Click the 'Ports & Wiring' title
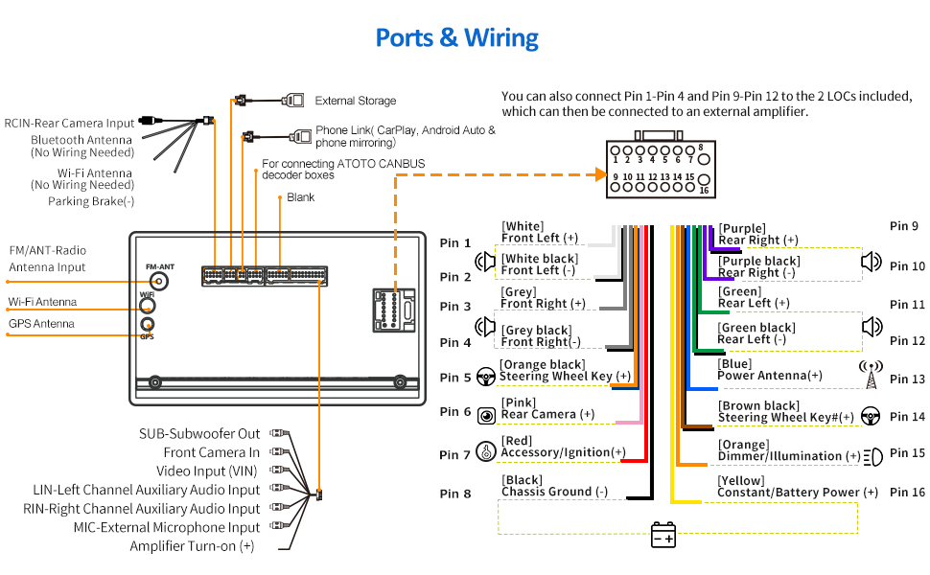coord(456,37)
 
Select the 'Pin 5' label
coord(455,378)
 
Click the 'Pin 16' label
coord(907,493)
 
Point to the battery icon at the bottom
coord(663,534)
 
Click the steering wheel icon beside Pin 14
coord(871,416)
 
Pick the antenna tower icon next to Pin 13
coord(871,375)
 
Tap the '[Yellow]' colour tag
coord(741,480)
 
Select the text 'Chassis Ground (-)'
coord(554,492)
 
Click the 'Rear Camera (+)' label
coord(547,414)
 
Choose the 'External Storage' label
coord(356,101)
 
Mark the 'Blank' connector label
coord(300,197)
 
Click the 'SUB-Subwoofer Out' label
coord(199,434)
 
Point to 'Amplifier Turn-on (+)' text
coord(192,546)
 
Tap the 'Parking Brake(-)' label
coord(91,201)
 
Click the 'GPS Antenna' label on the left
coord(42,324)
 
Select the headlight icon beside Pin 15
coord(872,456)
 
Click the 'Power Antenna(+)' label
coord(770,376)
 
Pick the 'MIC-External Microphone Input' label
coord(167,527)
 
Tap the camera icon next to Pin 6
coord(487,415)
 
